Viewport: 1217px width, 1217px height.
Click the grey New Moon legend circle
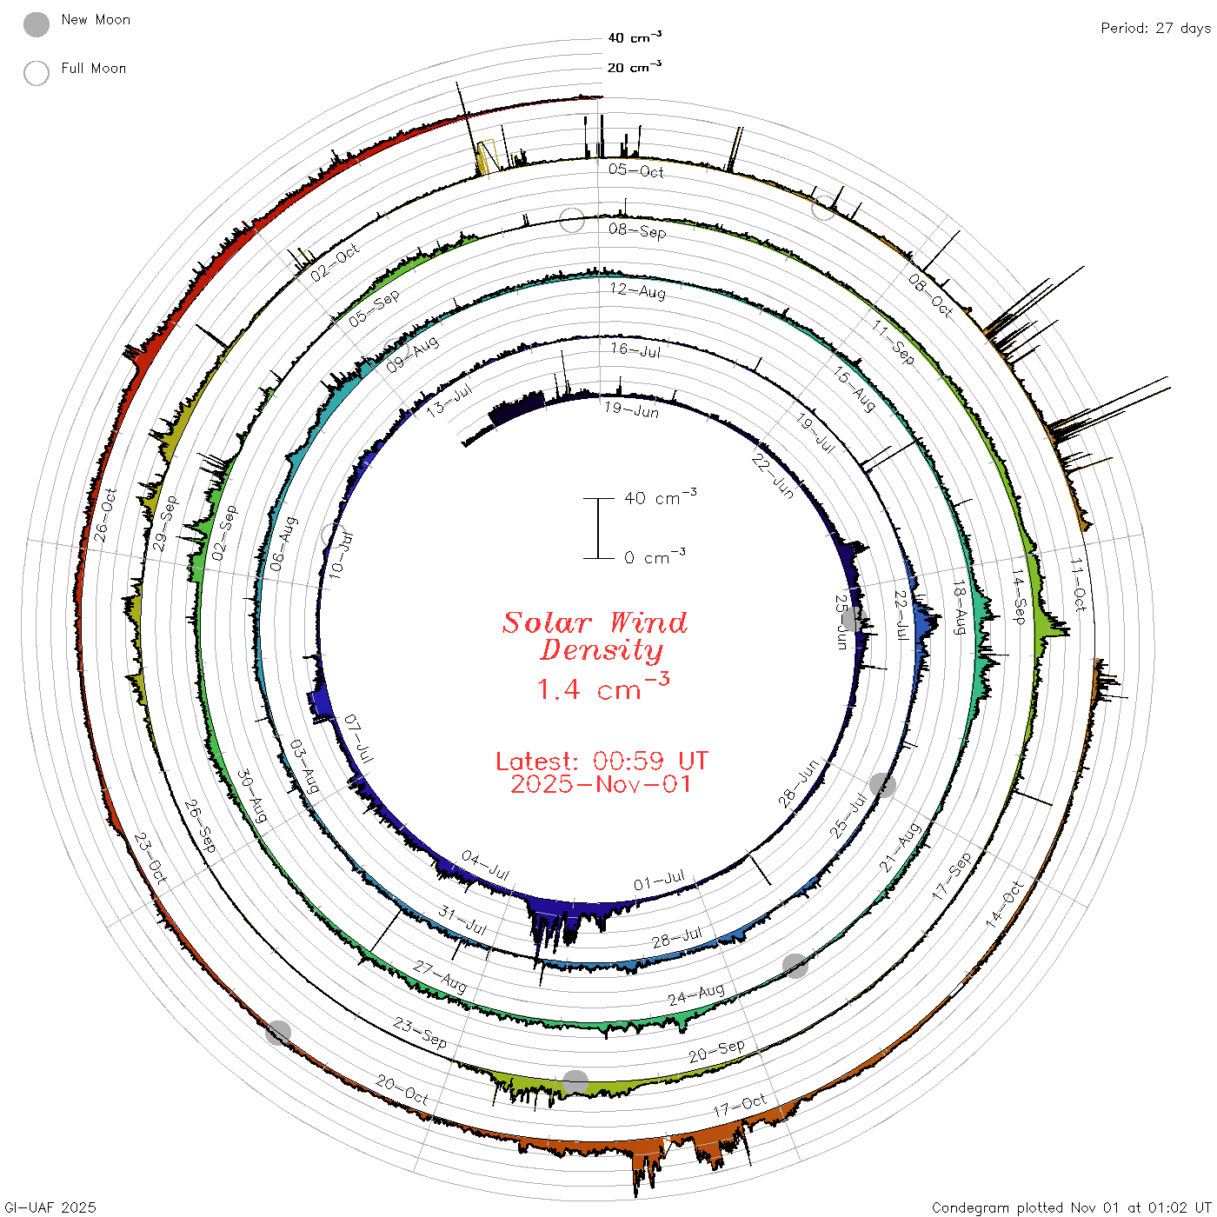click(x=36, y=24)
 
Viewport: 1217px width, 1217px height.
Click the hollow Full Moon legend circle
click(x=36, y=73)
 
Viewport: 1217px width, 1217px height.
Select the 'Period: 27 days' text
click(x=1156, y=29)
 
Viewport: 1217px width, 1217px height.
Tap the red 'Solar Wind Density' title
click(x=595, y=636)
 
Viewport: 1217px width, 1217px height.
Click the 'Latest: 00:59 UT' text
click(x=602, y=761)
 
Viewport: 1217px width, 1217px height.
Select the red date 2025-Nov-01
click(x=601, y=784)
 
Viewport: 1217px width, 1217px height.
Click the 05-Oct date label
click(x=636, y=170)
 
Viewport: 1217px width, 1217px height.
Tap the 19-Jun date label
click(x=632, y=409)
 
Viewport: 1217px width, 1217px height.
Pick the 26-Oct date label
click(x=105, y=515)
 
